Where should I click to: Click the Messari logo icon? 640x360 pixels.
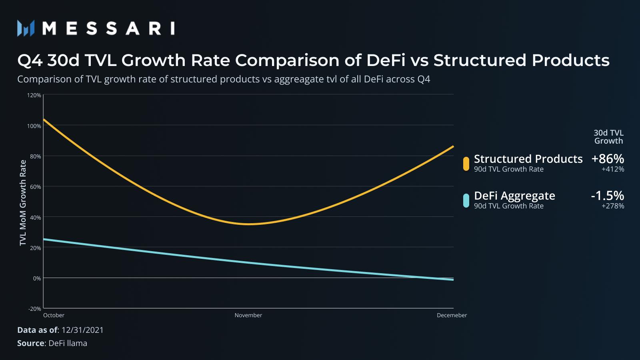pyautogui.click(x=26, y=28)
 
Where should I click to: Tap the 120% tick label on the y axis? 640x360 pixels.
pyautogui.click(x=34, y=95)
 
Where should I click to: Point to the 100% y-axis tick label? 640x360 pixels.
pyautogui.click(x=34, y=126)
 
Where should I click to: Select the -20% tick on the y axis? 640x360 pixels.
pyautogui.click(x=35, y=309)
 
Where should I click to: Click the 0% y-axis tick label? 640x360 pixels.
pyautogui.click(x=37, y=278)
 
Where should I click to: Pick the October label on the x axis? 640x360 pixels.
pyautogui.click(x=54, y=315)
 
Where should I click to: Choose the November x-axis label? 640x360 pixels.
pyautogui.click(x=248, y=315)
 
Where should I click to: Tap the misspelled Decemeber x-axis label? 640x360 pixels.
pyautogui.click(x=452, y=315)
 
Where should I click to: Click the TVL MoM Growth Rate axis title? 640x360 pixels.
pyautogui.click(x=23, y=202)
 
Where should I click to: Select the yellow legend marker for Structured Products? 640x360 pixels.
pyautogui.click(x=466, y=164)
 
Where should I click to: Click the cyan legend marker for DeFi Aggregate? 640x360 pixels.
pyautogui.click(x=466, y=200)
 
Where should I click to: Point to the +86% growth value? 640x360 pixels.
pyautogui.click(x=608, y=159)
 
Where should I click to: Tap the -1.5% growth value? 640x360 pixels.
pyautogui.click(x=607, y=196)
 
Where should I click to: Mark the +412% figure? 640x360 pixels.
pyautogui.click(x=613, y=169)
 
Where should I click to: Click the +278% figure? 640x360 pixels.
pyautogui.click(x=613, y=206)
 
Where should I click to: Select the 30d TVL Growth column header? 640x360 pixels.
pyautogui.click(x=608, y=137)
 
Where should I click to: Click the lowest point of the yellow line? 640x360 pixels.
pyautogui.click(x=248, y=224)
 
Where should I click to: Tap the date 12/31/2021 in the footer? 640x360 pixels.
pyautogui.click(x=82, y=330)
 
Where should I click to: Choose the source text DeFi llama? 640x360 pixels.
pyautogui.click(x=68, y=343)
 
